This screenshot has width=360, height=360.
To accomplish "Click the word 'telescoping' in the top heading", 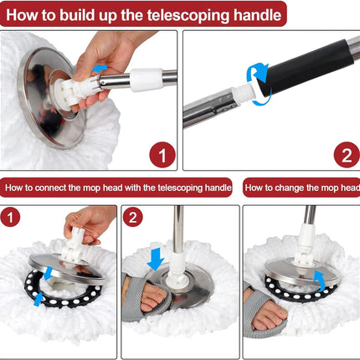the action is click(188, 15).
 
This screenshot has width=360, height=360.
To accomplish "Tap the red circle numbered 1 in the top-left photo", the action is click(162, 155).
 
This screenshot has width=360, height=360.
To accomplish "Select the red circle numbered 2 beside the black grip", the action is click(347, 155).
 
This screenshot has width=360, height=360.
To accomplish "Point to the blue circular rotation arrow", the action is click(258, 84).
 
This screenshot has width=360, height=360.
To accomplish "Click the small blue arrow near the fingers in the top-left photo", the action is click(100, 68).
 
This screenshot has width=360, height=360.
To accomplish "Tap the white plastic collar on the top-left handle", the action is click(147, 80).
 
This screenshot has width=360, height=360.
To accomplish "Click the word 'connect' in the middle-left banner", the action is click(52, 188).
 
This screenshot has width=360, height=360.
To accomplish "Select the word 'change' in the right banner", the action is click(290, 188).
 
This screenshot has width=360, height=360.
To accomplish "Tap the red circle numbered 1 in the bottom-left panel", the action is click(10, 217).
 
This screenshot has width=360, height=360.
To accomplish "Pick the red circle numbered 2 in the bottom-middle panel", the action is click(133, 217).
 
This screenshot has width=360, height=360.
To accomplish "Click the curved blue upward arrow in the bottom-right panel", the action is click(321, 281).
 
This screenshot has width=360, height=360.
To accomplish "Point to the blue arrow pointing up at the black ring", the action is click(38, 299).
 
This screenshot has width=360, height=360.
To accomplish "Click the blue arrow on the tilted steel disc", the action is click(49, 273).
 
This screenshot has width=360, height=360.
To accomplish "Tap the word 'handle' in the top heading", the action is click(257, 15).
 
